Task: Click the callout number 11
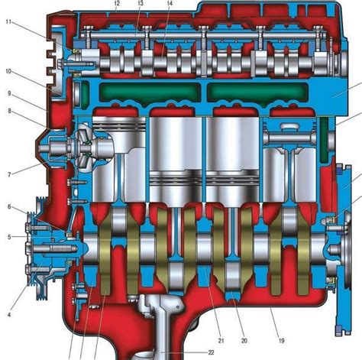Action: coord(8,21)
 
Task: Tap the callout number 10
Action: coord(8,71)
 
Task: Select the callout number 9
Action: coord(9,93)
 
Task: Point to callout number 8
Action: coord(9,111)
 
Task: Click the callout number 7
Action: coord(9,175)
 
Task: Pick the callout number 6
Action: coord(9,206)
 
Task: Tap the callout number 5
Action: coord(9,237)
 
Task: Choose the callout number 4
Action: coord(9,315)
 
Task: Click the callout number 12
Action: coord(117,4)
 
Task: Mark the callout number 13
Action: coord(140,4)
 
